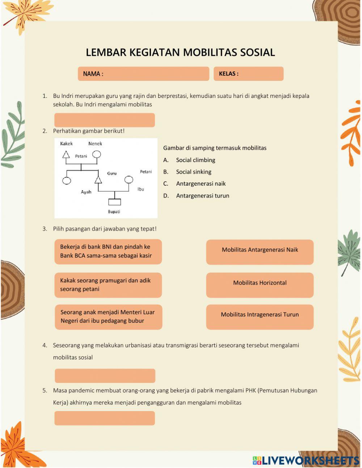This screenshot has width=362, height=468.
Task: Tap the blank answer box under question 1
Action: click(x=105, y=120)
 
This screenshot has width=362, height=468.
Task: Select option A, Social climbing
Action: click(x=195, y=160)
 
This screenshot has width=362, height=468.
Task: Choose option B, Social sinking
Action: click(x=194, y=172)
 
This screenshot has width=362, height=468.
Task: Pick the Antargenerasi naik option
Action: click(x=201, y=184)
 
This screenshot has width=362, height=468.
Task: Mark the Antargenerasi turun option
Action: click(x=202, y=196)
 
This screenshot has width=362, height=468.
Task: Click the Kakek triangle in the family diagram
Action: click(x=66, y=155)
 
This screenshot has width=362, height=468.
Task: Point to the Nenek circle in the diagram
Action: click(x=96, y=154)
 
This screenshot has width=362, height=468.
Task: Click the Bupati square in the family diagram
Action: click(x=114, y=202)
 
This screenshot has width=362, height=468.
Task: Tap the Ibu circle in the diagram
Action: click(x=129, y=180)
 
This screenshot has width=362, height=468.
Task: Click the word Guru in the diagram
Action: click(x=112, y=173)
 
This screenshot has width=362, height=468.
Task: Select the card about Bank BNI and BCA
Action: click(x=108, y=251)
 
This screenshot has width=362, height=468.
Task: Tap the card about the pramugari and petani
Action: click(x=108, y=285)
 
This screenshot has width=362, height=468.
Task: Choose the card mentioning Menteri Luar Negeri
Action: click(x=108, y=317)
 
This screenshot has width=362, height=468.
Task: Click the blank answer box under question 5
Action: click(x=105, y=418)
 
